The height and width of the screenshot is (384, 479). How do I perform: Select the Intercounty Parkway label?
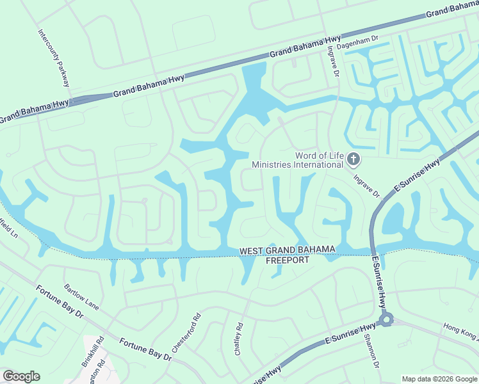pyautogui.click(x=53, y=58)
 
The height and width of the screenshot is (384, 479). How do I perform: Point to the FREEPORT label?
pyautogui.click(x=288, y=260)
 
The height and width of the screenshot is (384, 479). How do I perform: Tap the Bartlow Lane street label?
pyautogui.click(x=81, y=297)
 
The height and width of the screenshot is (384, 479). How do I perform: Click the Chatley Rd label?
pyautogui.click(x=238, y=339)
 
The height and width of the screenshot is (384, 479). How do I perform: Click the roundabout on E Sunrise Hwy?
pyautogui.click(x=385, y=319)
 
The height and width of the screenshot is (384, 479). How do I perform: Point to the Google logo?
pyautogui.click(x=21, y=376)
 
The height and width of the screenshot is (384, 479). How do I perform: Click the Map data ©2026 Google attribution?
pyautogui.click(x=439, y=379)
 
